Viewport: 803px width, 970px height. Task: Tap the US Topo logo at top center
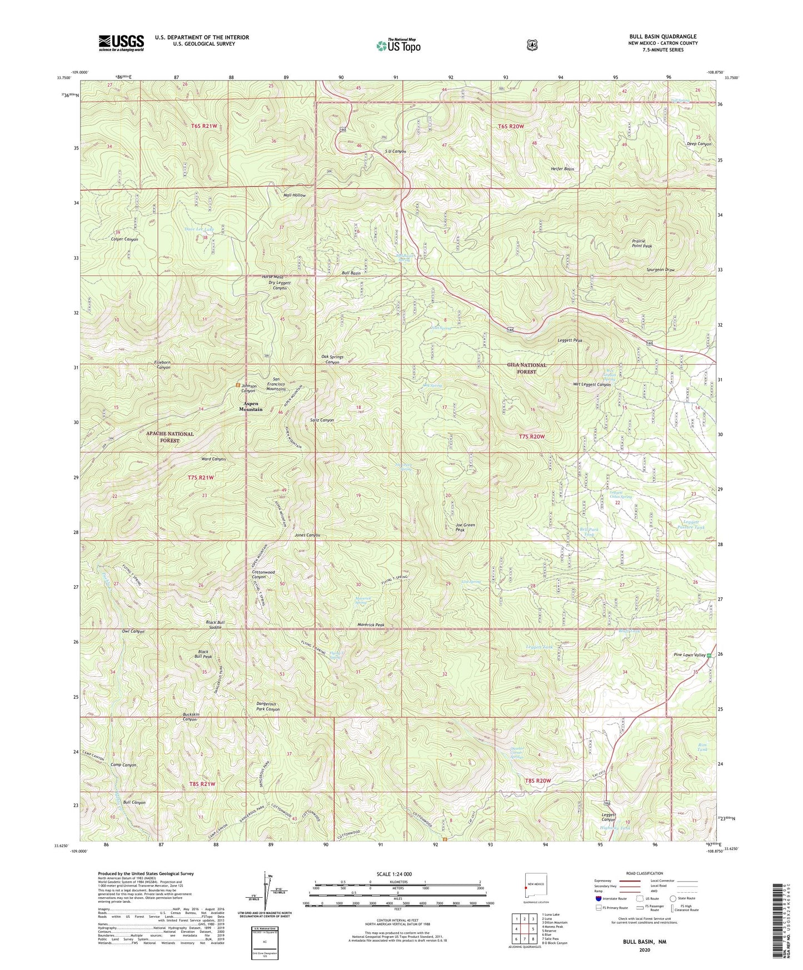tap(397, 46)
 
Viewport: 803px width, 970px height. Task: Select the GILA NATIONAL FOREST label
tap(526, 368)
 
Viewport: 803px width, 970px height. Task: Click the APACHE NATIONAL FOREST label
tap(170, 437)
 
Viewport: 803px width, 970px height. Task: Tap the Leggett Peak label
tap(570, 341)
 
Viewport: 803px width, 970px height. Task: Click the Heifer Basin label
tap(562, 169)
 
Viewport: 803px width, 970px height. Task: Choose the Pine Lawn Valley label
tap(689, 655)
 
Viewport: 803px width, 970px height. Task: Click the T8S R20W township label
tap(537, 781)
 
